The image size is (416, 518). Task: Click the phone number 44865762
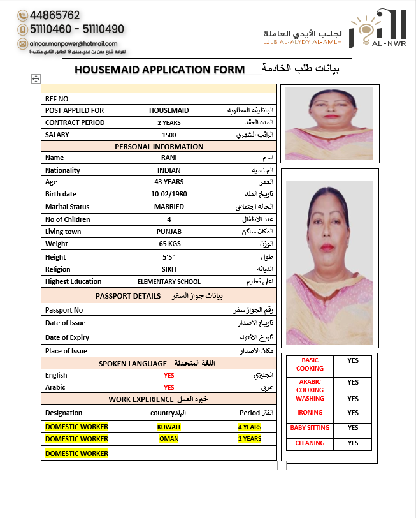tap(54, 15)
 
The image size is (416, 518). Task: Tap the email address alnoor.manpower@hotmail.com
tap(69, 43)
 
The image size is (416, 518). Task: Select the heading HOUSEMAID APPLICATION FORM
tap(159, 69)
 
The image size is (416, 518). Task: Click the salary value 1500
tap(169, 135)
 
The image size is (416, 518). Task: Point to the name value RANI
tap(169, 158)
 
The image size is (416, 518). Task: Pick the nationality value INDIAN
tap(169, 170)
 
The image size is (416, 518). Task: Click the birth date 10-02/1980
tap(169, 195)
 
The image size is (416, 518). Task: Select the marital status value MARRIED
tap(169, 207)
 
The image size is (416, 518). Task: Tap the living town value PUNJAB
tap(169, 232)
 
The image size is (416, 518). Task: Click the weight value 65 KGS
tap(169, 244)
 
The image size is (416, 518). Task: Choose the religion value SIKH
tap(169, 269)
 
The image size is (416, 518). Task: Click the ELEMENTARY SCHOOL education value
tap(169, 281)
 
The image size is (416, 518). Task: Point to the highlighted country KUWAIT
tap(169, 427)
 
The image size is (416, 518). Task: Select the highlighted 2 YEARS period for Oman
tap(250, 439)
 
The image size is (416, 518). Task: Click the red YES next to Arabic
tap(169, 387)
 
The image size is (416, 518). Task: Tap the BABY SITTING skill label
tap(310, 428)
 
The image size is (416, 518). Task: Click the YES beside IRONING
tap(353, 413)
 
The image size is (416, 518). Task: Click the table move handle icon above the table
tap(36, 78)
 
